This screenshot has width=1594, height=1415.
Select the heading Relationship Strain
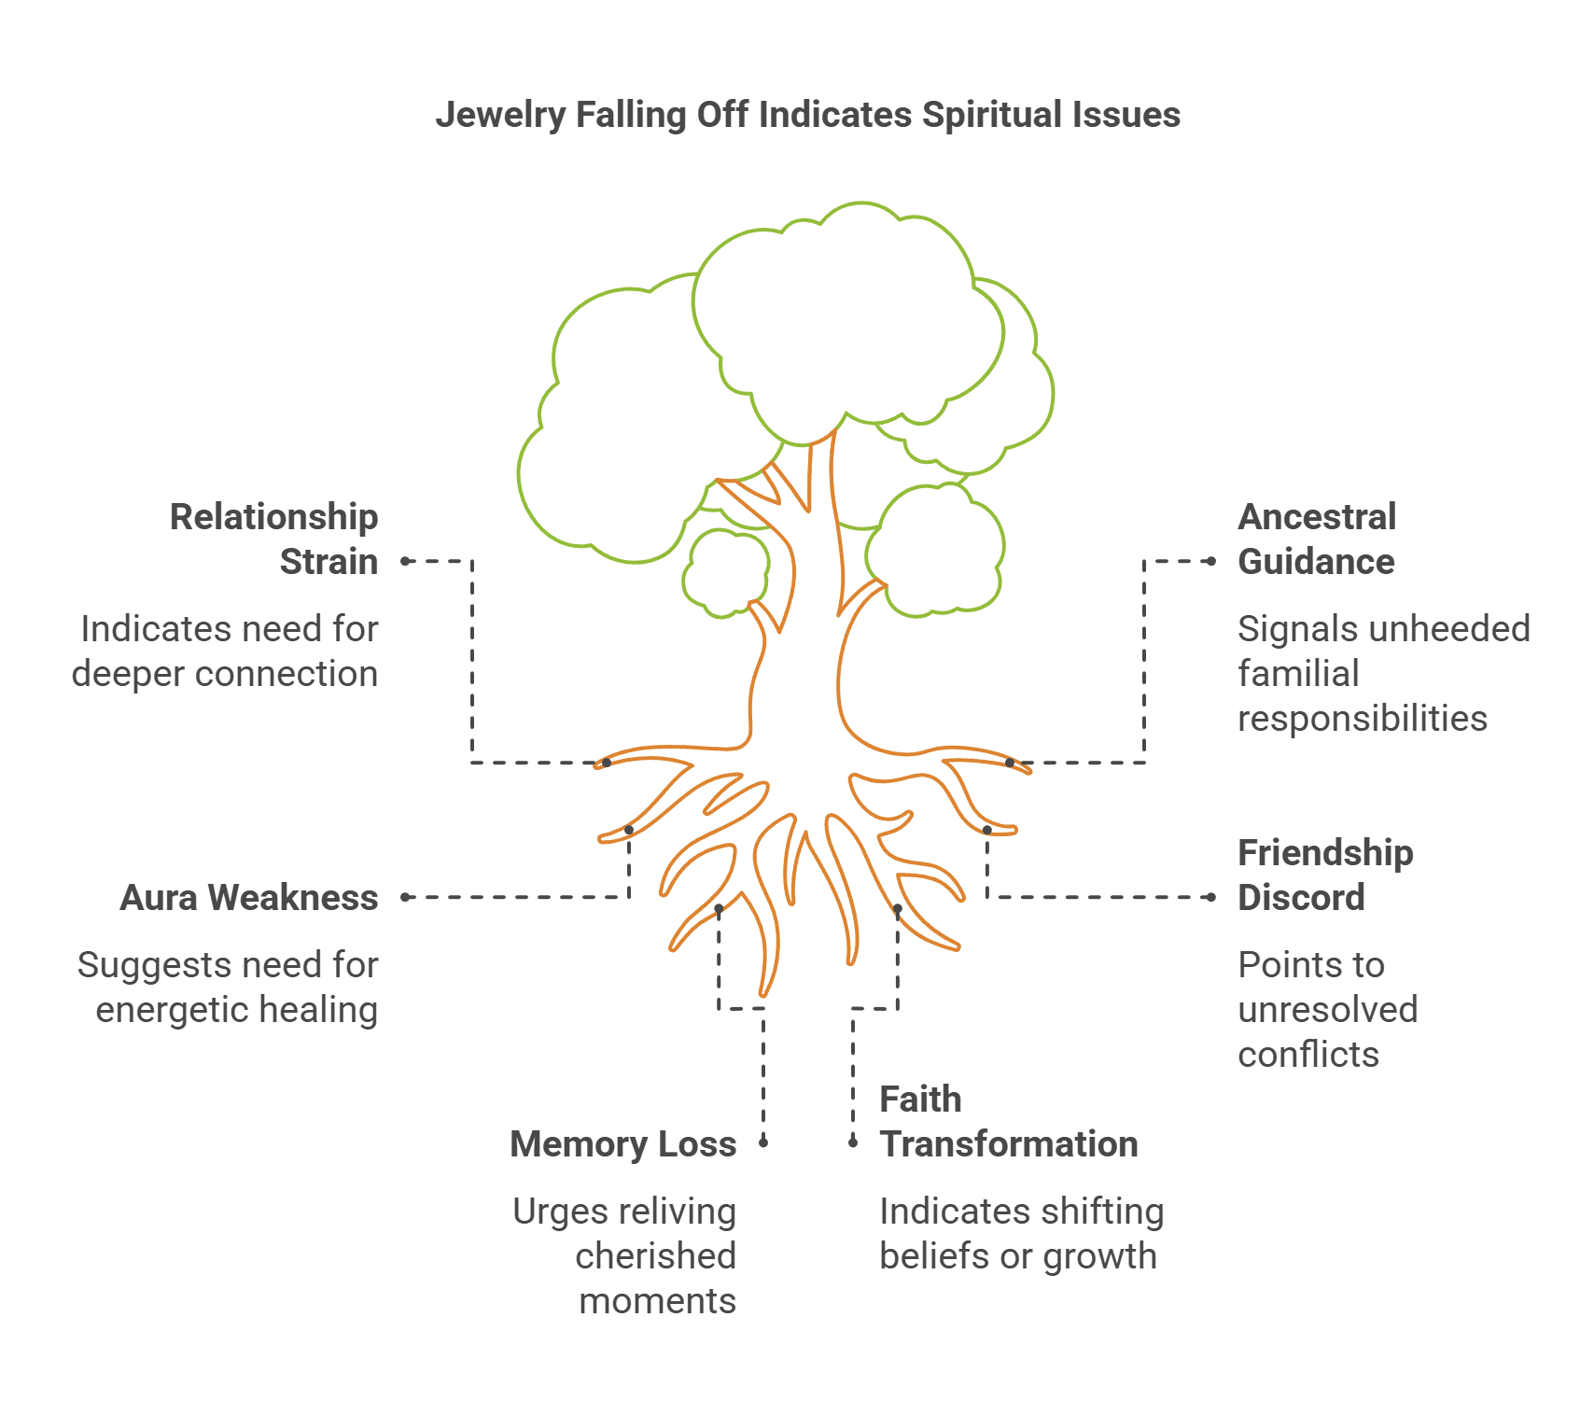(x=273, y=539)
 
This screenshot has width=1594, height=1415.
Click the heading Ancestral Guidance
(x=1317, y=539)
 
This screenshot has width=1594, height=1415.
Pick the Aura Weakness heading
(x=249, y=898)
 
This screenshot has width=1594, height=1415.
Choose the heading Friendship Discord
(x=1325, y=875)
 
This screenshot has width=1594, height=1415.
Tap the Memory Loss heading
(x=622, y=1144)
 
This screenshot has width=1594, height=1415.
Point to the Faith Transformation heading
(x=1008, y=1122)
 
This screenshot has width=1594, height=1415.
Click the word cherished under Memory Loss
(x=655, y=1256)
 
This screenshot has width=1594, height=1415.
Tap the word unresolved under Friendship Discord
(x=1327, y=1010)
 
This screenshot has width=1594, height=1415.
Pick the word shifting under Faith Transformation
(x=1107, y=1212)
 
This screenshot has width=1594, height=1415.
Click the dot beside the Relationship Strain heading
(x=406, y=561)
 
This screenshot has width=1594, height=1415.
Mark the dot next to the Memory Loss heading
(x=763, y=1142)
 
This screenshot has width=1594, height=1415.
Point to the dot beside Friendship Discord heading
(x=1211, y=897)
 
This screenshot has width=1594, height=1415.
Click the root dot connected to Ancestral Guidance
(x=1010, y=763)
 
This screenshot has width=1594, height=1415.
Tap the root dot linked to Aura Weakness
(x=629, y=830)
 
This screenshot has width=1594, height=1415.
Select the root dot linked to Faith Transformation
(x=898, y=908)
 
